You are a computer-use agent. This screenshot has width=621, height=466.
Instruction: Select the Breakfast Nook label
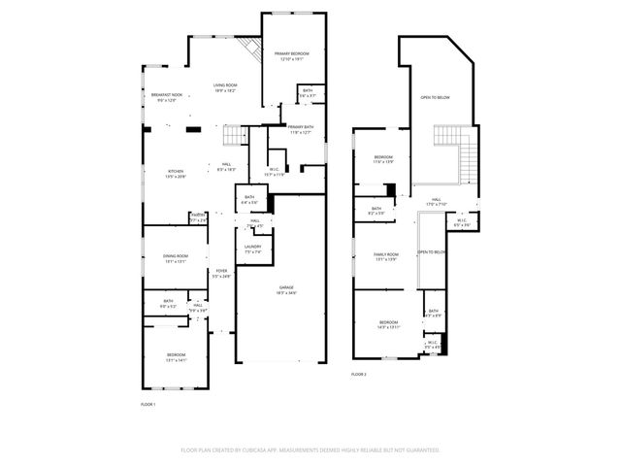(x=166, y=95)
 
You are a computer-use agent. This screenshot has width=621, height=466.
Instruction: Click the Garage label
(x=285, y=288)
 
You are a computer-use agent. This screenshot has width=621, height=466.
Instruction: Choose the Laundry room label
(x=252, y=248)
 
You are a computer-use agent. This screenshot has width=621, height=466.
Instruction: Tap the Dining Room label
(x=176, y=256)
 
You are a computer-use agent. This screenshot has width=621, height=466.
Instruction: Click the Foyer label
(x=221, y=272)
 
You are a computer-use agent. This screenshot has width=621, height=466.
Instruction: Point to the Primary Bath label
(x=299, y=128)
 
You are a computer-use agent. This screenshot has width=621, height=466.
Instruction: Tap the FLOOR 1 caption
(x=148, y=403)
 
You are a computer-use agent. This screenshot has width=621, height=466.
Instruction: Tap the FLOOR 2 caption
(x=359, y=374)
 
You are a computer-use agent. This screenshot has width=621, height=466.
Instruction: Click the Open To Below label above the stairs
(x=434, y=97)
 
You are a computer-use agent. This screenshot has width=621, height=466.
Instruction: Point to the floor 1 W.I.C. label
(x=276, y=171)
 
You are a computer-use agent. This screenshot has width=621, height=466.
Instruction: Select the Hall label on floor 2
(x=436, y=201)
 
